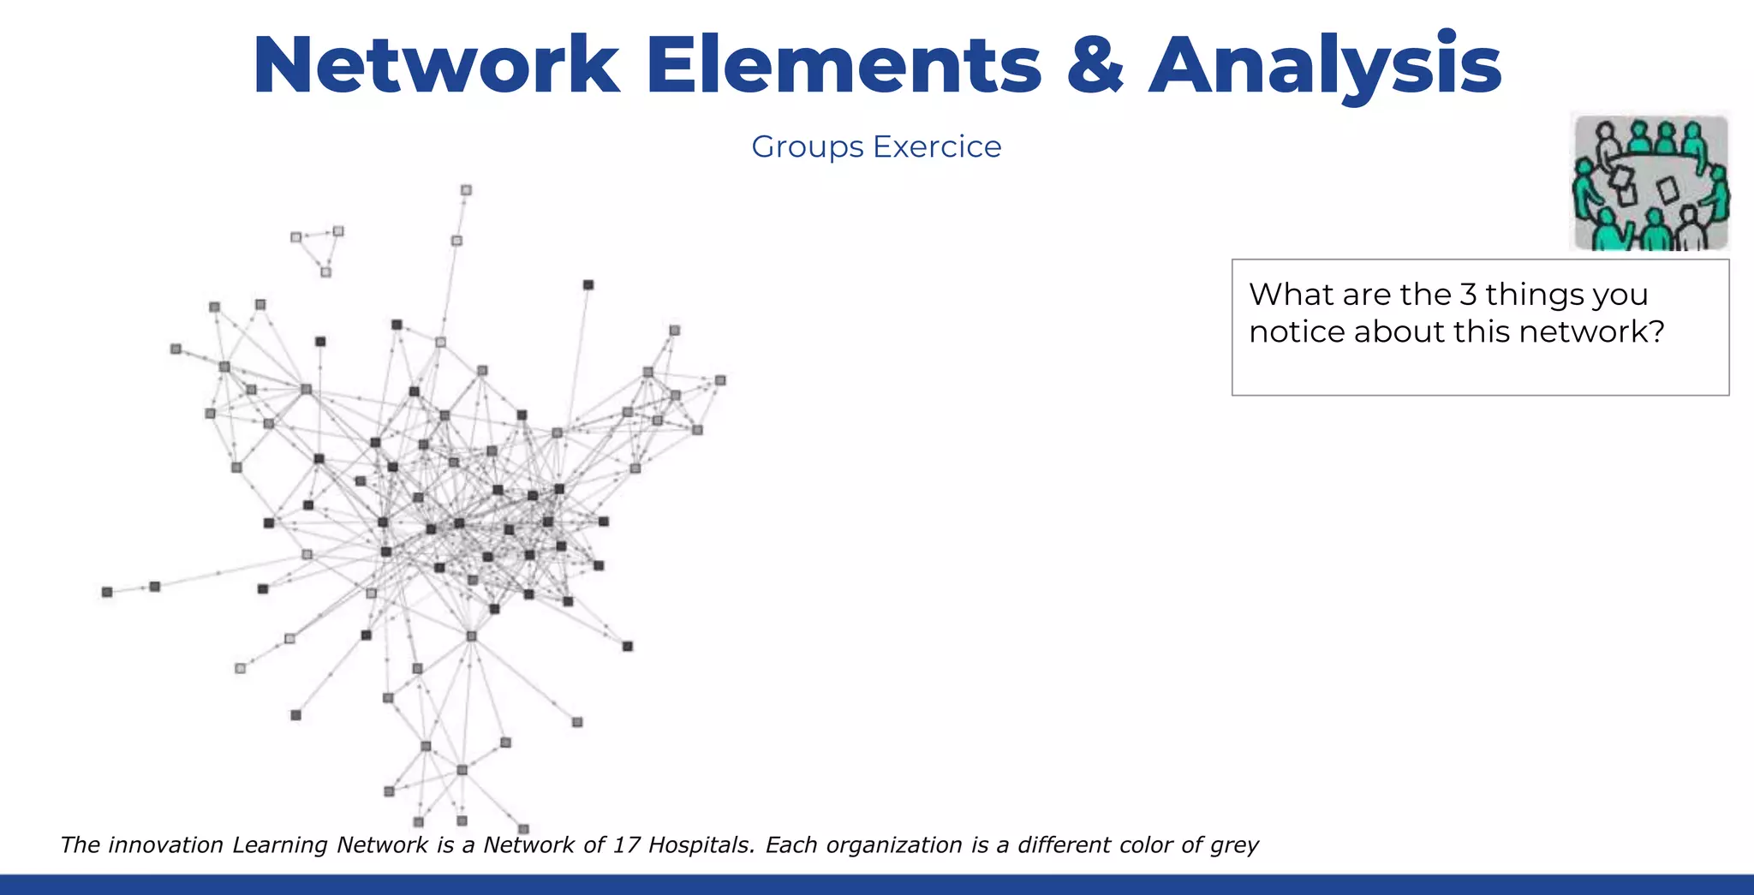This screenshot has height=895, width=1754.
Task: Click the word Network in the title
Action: coord(436,65)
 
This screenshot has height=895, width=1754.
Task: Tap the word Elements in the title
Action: coord(843,65)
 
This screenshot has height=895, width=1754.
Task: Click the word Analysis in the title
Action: coord(1325,65)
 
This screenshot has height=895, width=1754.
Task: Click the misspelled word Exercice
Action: coord(937,146)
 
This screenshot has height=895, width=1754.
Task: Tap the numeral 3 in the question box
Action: coord(1468,295)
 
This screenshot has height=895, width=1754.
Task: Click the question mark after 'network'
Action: coord(1656,331)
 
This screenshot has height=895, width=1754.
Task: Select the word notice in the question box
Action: coord(1297,331)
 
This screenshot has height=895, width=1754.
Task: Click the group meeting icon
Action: coord(1650,182)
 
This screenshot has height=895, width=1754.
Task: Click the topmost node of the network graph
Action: coord(466,190)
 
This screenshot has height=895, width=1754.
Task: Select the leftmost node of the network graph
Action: coord(107,592)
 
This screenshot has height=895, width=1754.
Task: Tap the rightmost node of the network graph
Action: coord(720,380)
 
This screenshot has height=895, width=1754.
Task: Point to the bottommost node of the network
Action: coord(523,829)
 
